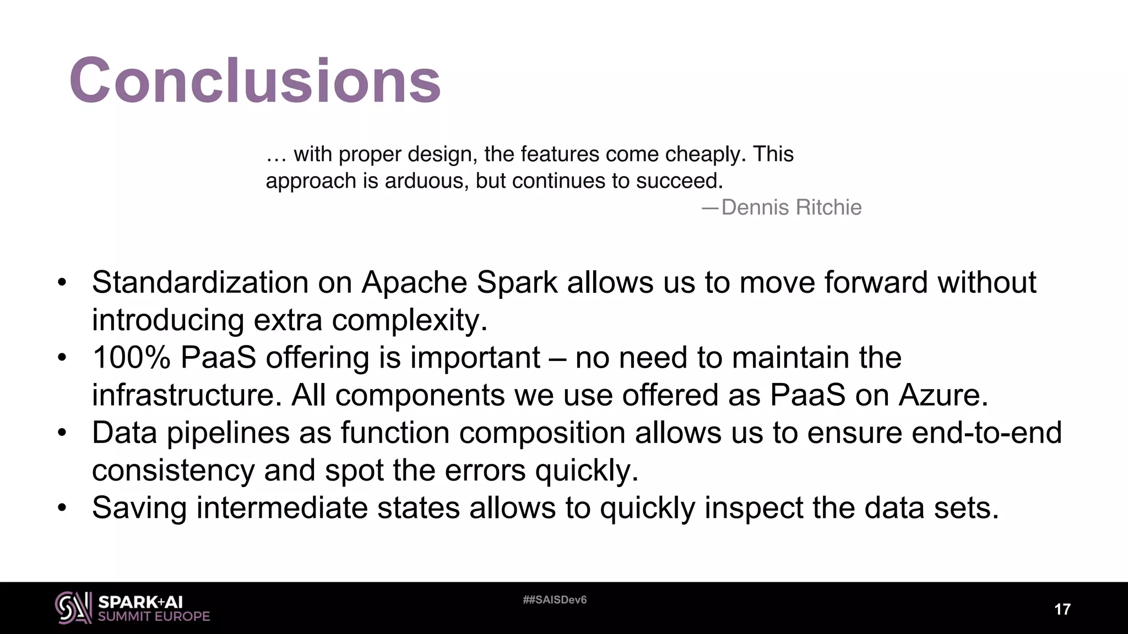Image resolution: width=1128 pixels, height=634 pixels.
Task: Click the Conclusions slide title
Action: pos(254,80)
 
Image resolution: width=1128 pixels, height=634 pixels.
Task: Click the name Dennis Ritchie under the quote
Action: pos(791,207)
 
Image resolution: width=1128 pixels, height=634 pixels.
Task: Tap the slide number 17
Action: pos(1062,609)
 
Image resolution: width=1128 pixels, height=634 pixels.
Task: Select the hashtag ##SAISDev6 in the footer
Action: pos(555,600)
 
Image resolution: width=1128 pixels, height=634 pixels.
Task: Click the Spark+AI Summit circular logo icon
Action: pos(73,608)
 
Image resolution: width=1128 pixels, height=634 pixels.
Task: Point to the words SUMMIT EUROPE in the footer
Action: pos(154,616)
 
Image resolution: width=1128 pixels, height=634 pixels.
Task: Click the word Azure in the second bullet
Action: pos(942,395)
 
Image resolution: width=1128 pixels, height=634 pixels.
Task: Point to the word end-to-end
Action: pos(986,433)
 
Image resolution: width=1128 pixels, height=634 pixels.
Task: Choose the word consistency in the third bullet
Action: pos(173,471)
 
